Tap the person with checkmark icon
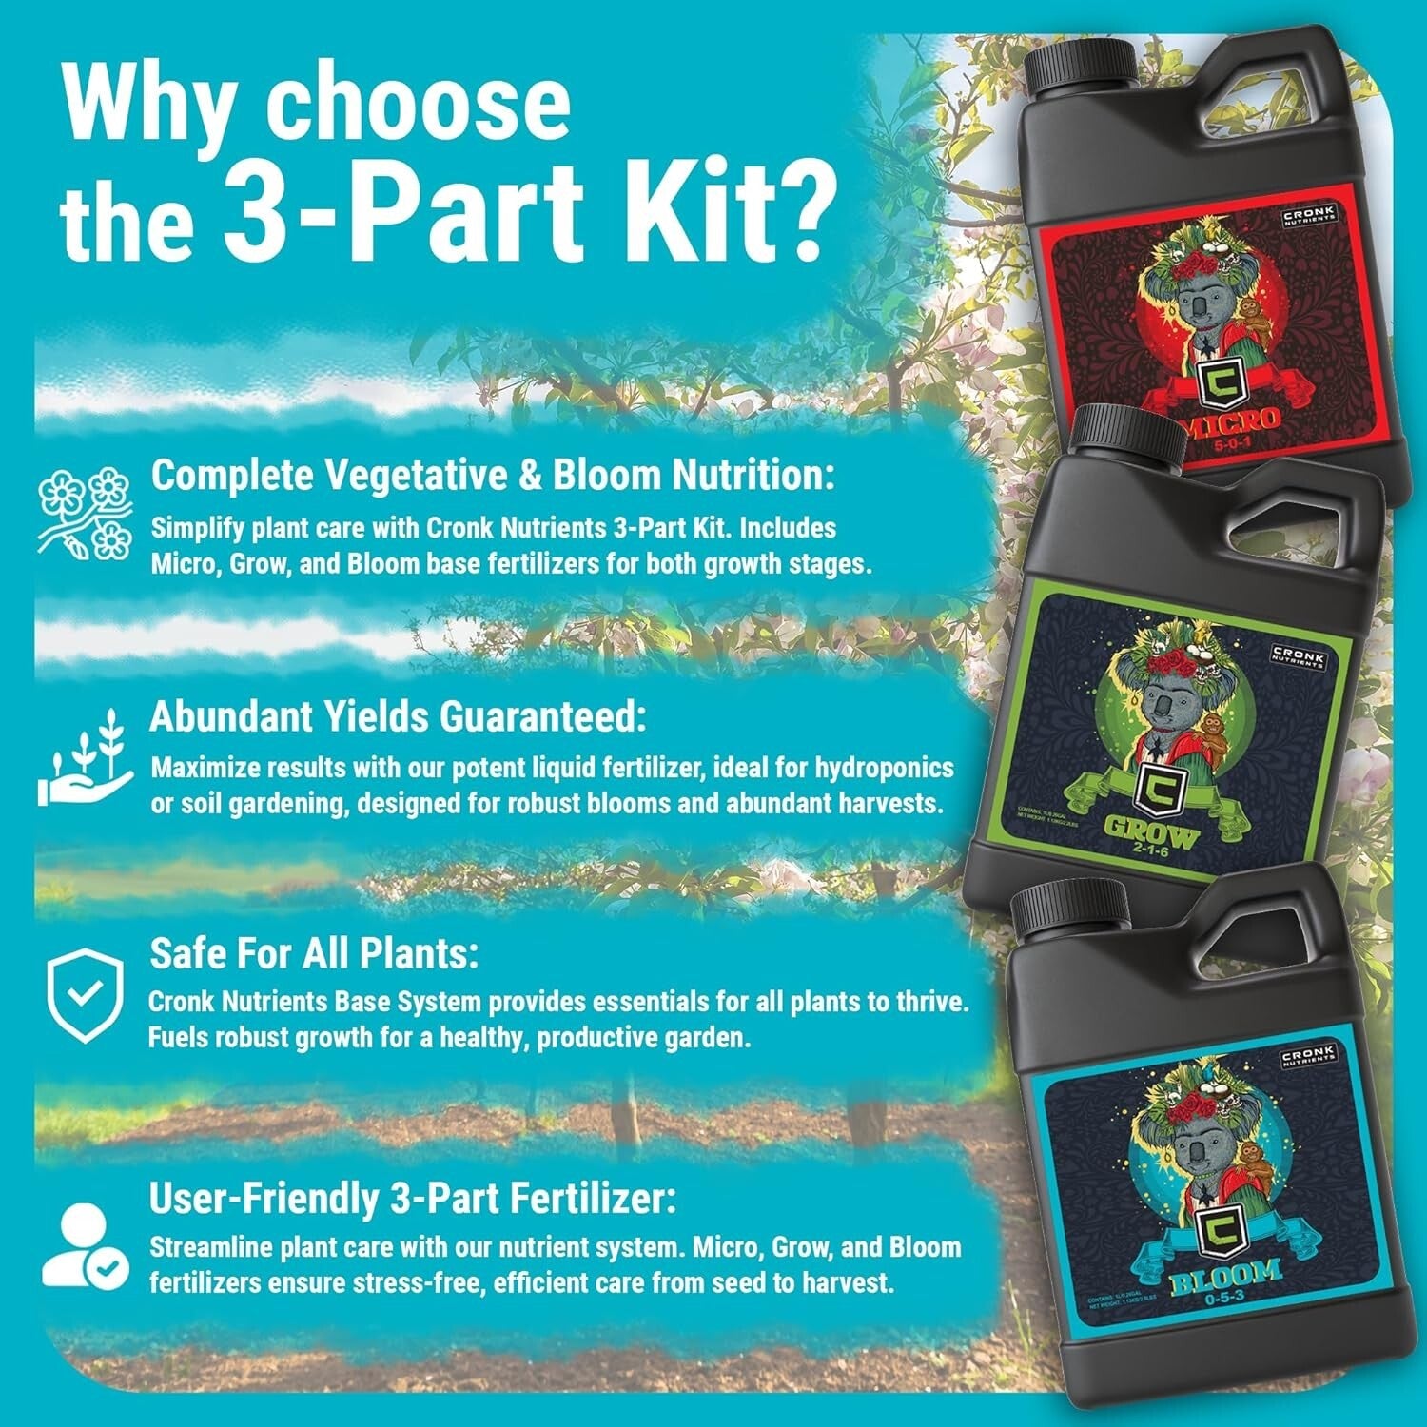86,1246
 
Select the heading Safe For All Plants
314,954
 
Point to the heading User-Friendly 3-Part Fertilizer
413,1200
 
